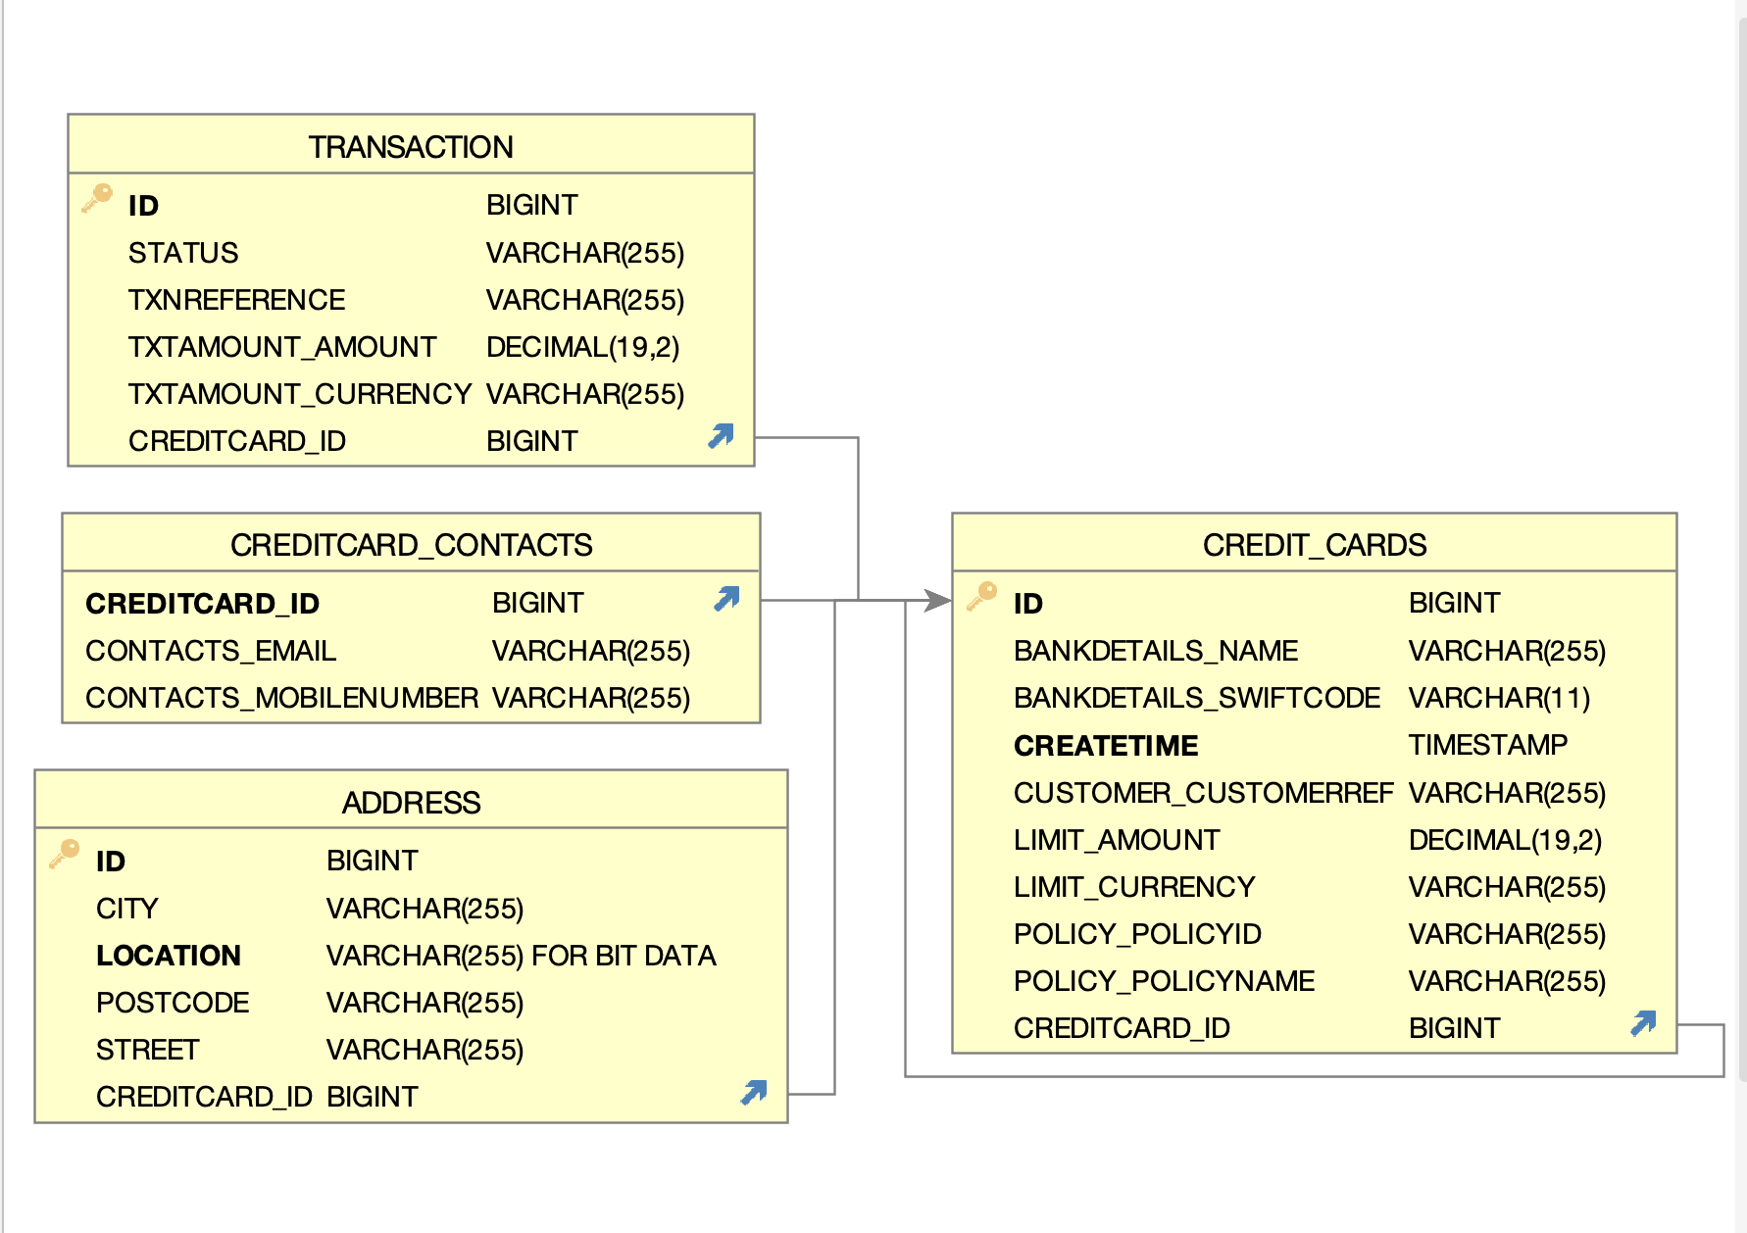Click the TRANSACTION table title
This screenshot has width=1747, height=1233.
point(411,147)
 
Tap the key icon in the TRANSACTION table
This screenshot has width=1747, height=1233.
point(97,198)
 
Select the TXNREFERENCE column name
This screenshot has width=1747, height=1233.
point(236,300)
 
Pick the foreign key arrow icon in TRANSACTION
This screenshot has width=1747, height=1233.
point(721,436)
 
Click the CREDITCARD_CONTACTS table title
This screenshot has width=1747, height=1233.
point(411,545)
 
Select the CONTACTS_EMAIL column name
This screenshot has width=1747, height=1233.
point(211,651)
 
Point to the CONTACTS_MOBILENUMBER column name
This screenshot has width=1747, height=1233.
point(281,698)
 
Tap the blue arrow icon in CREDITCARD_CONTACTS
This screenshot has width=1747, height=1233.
point(726,599)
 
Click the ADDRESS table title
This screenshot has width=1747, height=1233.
point(411,803)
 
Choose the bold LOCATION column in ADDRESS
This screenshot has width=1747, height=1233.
point(169,956)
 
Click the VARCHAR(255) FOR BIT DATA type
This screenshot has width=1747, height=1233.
point(521,956)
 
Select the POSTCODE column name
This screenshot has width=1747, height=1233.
point(173,1003)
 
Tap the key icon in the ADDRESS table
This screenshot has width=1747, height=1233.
point(65,854)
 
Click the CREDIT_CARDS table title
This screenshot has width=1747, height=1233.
point(1314,545)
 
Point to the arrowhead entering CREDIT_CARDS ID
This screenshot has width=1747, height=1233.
point(938,600)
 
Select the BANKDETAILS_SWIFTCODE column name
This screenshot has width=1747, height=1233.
point(1196,698)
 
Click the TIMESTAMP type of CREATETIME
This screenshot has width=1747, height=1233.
point(1487,745)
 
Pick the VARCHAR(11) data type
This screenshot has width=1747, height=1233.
point(1499,698)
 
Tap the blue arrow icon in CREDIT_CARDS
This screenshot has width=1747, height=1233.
point(1643,1024)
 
